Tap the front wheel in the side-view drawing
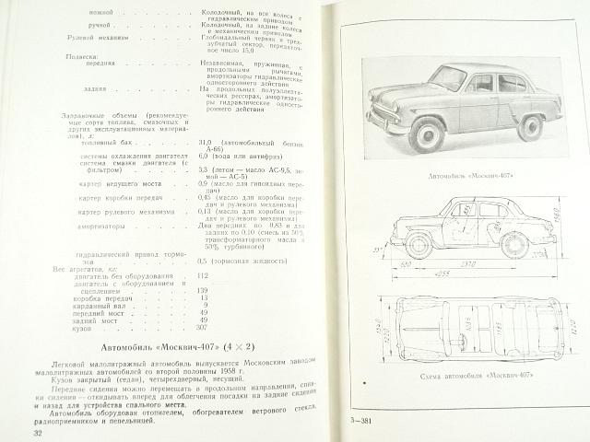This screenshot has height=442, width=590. coord(420,246)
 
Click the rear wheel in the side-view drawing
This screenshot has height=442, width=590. coord(514,244)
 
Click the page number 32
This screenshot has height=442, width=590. coord(38,433)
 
